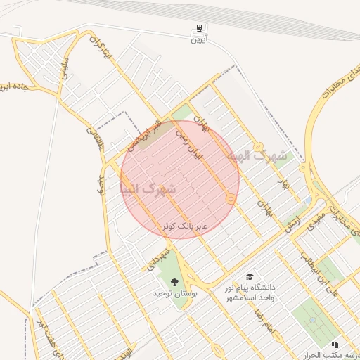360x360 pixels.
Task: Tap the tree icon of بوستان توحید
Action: pos(175,281)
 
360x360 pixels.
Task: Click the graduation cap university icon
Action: pos(249,278)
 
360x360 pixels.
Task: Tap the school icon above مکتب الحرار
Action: pos(335,345)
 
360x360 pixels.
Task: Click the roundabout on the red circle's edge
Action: pos(231,200)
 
